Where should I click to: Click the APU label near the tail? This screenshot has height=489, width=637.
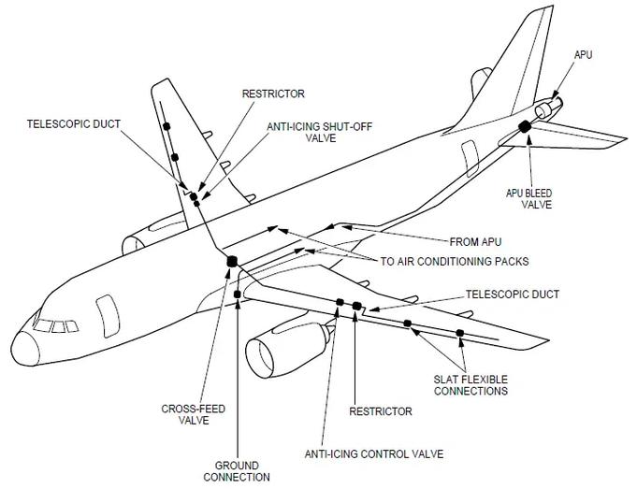pos(583,55)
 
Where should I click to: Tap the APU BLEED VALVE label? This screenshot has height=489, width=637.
pos(528,199)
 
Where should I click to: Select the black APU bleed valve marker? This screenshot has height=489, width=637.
pos(525,127)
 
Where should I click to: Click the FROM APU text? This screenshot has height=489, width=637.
pos(475,242)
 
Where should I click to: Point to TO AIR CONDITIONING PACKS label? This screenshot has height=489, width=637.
pos(455,261)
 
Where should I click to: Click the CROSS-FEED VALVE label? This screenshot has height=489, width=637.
pos(194,414)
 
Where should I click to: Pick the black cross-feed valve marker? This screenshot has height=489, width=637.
pos(232,261)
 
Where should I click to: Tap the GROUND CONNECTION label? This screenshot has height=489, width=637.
pos(237,471)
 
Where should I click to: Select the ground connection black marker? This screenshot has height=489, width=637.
pos(238,294)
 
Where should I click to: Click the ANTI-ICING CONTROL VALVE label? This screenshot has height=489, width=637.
pos(374,453)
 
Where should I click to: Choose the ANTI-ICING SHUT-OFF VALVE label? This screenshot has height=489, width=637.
pos(320,132)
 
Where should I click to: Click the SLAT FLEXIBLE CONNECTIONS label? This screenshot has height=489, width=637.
pos(471,385)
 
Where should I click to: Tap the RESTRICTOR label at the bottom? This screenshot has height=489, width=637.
pos(381,411)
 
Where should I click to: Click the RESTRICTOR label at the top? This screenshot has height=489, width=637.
pos(273,93)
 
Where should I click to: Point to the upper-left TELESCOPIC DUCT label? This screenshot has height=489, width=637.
pos(74,123)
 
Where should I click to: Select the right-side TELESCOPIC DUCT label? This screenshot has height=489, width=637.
pos(513,294)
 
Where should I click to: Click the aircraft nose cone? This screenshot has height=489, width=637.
pos(25,349)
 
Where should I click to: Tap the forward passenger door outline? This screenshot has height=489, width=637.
pos(108,316)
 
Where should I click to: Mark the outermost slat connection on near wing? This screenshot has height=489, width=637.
pos(460,333)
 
